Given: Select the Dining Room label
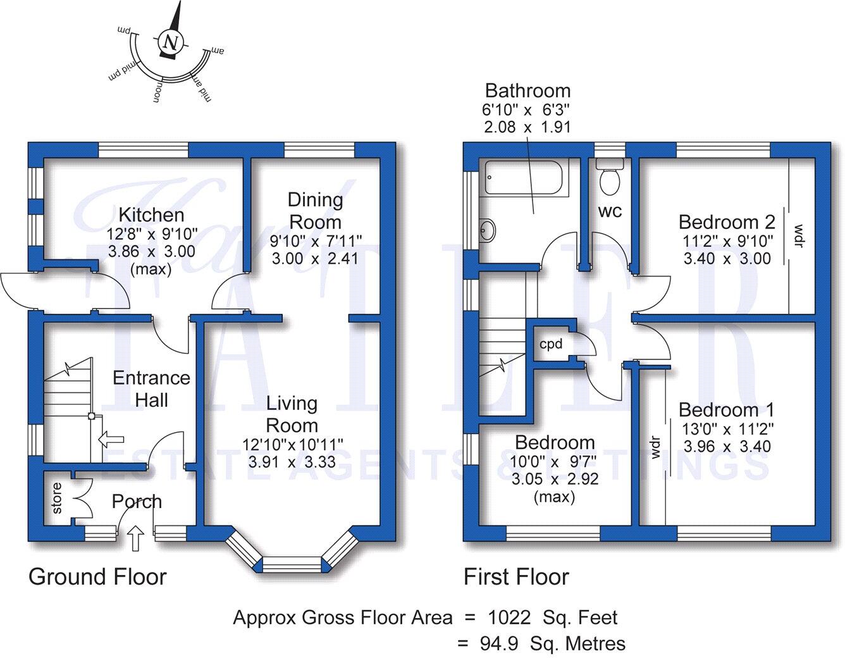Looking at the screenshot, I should coord(315,211).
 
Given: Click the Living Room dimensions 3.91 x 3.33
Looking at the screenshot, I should coord(292,462).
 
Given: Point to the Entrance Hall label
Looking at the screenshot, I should coord(151,388).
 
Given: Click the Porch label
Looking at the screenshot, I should coord(137,502).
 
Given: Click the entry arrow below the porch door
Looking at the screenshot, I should coord(135,540).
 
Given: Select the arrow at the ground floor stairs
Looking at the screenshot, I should coord(111,438).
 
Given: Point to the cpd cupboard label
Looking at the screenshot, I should coord(551,344).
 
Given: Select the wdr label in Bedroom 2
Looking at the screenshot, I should coord(798,235).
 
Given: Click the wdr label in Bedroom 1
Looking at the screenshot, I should coord(656,447).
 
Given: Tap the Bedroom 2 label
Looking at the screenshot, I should coord(727,222).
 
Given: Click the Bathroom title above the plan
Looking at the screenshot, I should coord(527,90).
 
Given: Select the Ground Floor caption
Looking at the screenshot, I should coord(97,577).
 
